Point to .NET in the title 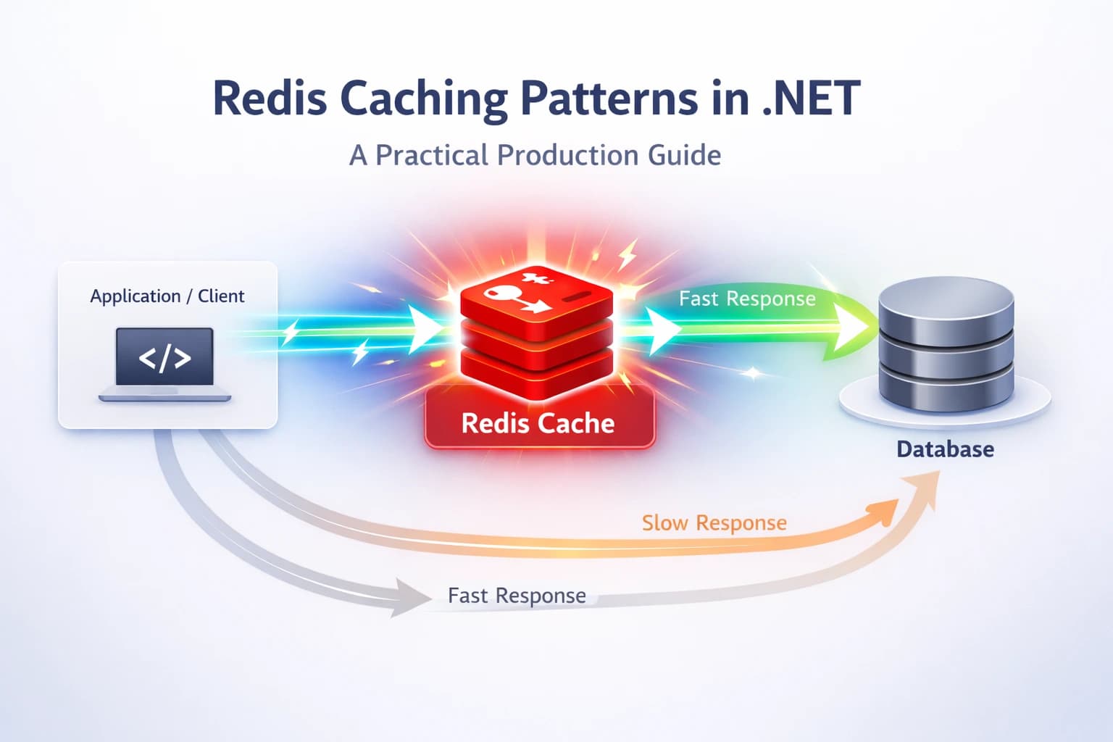[x=811, y=99]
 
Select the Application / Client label [x=167, y=296]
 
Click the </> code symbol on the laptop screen [x=165, y=358]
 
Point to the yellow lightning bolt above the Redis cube [x=628, y=255]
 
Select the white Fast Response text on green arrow [x=747, y=299]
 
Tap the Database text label [x=945, y=449]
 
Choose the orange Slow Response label [x=714, y=523]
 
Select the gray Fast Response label [x=517, y=596]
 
